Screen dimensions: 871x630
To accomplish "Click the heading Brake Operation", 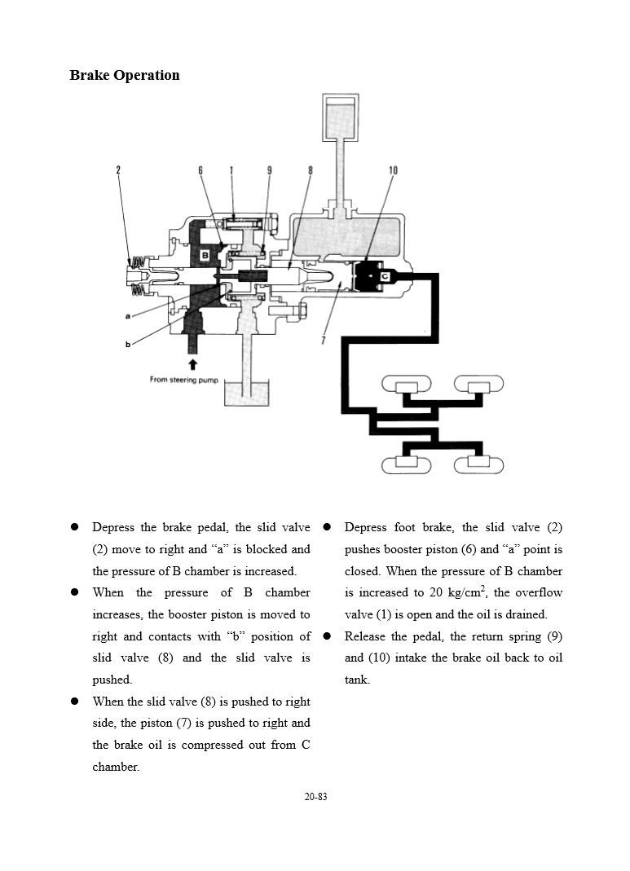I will tap(125, 76).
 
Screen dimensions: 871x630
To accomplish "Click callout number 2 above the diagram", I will tap(118, 170).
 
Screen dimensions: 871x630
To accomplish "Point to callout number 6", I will tap(200, 170).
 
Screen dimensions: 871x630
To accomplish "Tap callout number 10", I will tap(393, 170).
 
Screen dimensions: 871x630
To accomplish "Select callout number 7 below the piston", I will tap(323, 341).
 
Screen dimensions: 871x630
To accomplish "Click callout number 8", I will tap(311, 170).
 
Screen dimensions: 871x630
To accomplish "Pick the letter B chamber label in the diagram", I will tap(205, 255).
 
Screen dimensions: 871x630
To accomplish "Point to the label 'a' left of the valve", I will tap(128, 315).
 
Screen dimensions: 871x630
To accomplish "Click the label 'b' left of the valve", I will tap(128, 344).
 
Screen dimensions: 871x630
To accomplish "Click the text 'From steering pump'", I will tap(184, 380).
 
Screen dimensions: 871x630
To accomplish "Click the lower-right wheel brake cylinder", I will tap(478, 464).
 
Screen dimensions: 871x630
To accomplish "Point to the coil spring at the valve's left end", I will tap(139, 273).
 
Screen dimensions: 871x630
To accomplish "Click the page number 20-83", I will tap(315, 796).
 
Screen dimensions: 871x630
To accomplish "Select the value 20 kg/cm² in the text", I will tap(454, 592).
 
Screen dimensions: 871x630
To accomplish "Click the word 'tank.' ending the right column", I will tap(357, 680).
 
